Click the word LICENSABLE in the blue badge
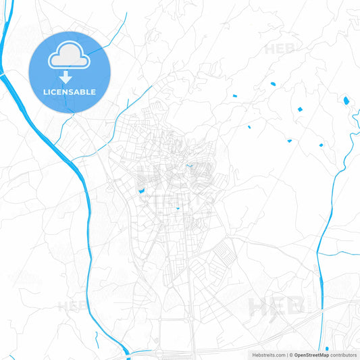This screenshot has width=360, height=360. (x=70, y=92)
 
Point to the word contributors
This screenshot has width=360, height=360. (x=343, y=354)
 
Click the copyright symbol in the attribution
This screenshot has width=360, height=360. (x=291, y=354)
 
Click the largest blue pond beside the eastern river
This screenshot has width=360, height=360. (x=346, y=101)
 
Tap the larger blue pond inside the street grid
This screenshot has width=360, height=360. (x=142, y=191)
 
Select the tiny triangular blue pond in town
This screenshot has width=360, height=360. (x=178, y=209)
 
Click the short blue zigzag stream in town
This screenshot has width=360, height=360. (x=188, y=166)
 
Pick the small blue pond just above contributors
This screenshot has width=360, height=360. (x=326, y=349)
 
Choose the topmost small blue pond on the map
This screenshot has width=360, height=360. (x=273, y=84)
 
